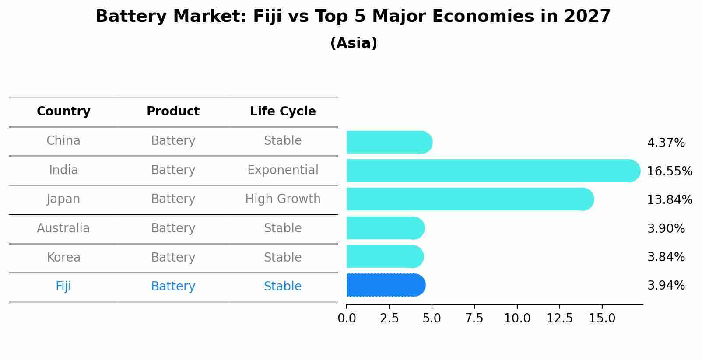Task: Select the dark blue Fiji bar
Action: click(x=386, y=285)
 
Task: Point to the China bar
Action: click(x=389, y=142)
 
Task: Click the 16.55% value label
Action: click(x=669, y=171)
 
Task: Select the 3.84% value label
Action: click(x=666, y=257)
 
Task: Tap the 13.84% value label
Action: click(x=669, y=200)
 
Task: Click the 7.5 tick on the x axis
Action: click(x=474, y=318)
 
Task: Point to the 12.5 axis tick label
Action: click(x=559, y=318)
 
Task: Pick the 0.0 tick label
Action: click(x=347, y=318)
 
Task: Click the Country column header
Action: click(x=63, y=112)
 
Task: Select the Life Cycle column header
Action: click(x=283, y=112)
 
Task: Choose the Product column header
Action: click(x=173, y=112)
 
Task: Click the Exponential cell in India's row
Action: click(x=283, y=170)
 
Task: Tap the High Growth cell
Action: click(x=283, y=199)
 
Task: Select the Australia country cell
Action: click(x=63, y=228)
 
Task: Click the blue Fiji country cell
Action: click(x=63, y=287)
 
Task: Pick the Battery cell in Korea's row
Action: click(x=173, y=258)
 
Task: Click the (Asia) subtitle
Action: click(x=354, y=43)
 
